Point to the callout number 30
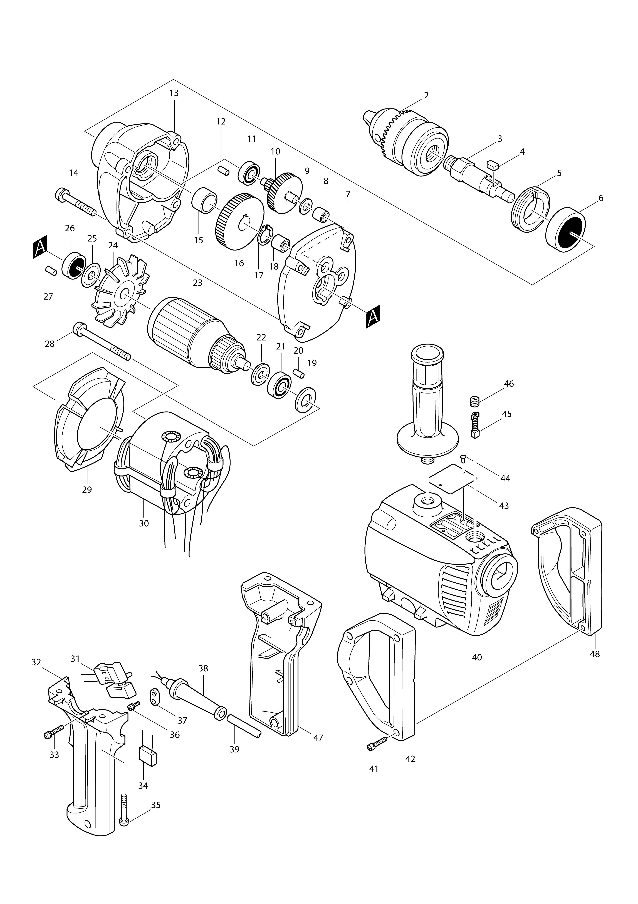point(144,523)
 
